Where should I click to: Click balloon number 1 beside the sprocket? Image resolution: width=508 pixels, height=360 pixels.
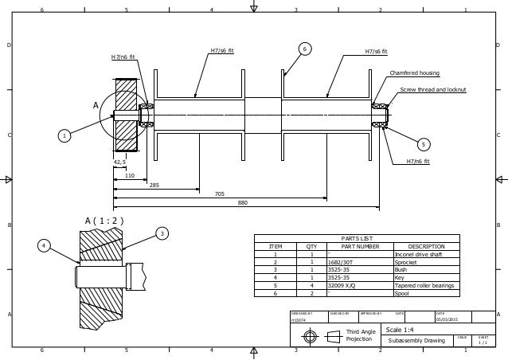[x=63, y=136]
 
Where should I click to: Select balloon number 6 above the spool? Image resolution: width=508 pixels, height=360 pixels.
[x=304, y=49]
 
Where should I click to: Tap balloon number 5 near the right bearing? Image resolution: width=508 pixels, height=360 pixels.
[x=424, y=144]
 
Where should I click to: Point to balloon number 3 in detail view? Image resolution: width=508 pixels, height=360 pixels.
[x=162, y=233]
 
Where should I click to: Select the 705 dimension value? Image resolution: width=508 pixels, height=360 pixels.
[x=219, y=194]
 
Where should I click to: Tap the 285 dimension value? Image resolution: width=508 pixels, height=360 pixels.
[x=154, y=184]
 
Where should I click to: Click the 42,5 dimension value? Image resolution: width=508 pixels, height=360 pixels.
[x=120, y=162]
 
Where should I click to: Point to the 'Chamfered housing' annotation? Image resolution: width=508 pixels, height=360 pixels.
[x=414, y=72]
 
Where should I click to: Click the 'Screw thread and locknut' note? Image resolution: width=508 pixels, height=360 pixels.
[x=432, y=90]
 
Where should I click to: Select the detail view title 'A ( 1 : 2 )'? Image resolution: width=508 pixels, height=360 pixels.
[x=104, y=221]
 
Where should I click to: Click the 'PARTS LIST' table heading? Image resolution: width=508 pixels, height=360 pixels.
[x=356, y=238]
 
